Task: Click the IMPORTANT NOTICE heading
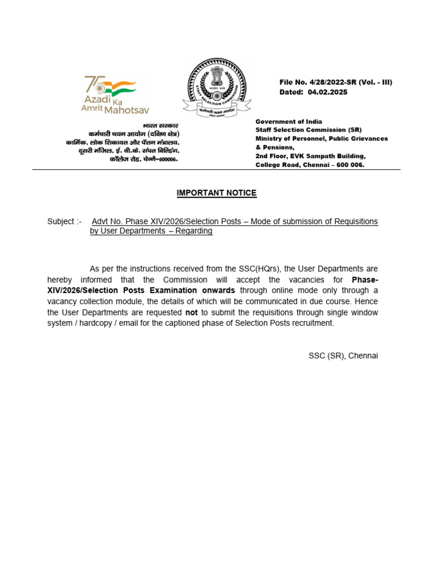pyautogui.click(x=216, y=193)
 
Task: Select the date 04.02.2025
pyautogui.click(x=328, y=92)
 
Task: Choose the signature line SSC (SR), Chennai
pyautogui.click(x=343, y=356)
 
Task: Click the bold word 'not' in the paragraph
pyautogui.click(x=192, y=312)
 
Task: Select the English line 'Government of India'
pyautogui.click(x=289, y=121)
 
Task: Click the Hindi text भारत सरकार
pyautogui.click(x=160, y=125)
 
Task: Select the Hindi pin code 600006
pyautogui.click(x=167, y=160)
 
